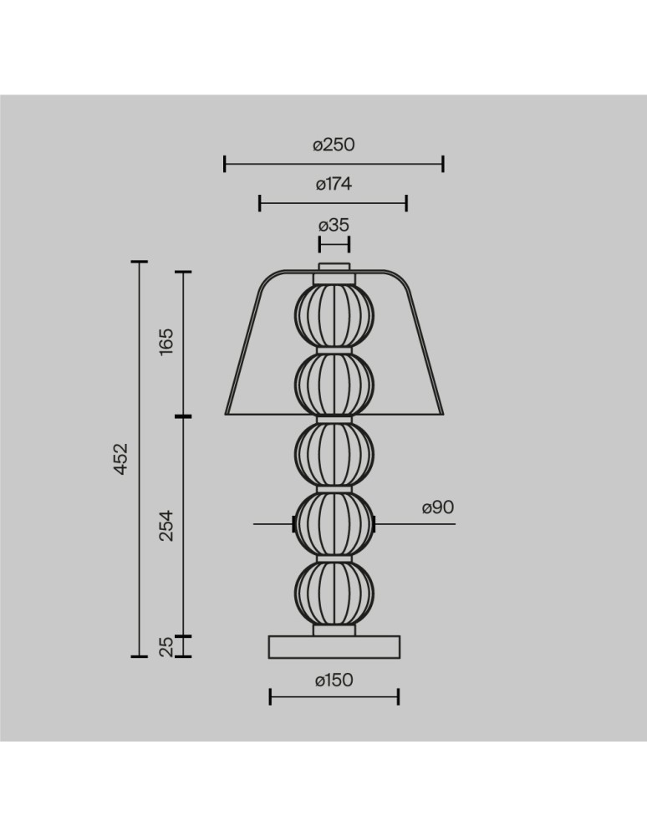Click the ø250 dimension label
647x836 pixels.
tap(334, 145)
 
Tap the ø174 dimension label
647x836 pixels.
tap(334, 185)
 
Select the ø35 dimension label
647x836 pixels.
tap(334, 224)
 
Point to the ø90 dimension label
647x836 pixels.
tap(437, 507)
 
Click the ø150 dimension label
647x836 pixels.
tap(334, 681)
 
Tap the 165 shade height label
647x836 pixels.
tap(166, 343)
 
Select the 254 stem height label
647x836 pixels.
tap(166, 525)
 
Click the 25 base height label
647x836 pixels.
tap(166, 646)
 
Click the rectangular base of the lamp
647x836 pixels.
tap(334, 646)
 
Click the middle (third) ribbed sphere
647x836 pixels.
tap(334, 453)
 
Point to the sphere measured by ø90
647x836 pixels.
tap(334, 523)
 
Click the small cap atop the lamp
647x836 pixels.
tap(334, 268)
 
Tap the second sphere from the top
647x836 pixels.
tap(334, 384)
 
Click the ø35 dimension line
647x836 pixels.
tap(334, 243)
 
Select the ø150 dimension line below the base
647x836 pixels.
tap(334, 696)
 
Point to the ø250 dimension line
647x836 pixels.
tap(334, 164)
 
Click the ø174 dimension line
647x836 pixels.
tap(334, 203)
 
